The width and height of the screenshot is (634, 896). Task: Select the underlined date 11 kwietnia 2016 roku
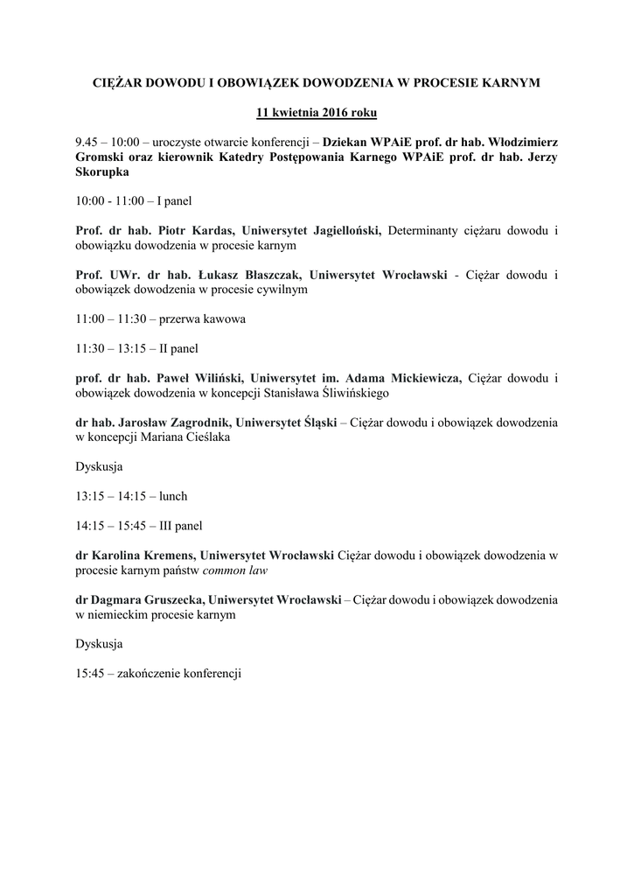317,112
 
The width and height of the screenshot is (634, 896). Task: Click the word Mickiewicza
419,379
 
